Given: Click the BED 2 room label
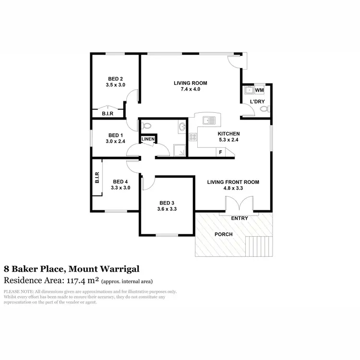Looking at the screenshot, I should click(x=116, y=79).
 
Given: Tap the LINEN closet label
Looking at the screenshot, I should click(x=147, y=139).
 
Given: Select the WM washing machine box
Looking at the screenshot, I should click(x=259, y=90).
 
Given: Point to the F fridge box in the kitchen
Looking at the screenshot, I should click(x=220, y=152).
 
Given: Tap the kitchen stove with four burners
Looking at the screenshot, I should click(x=193, y=137).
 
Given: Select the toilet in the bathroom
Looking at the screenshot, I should click(x=147, y=126).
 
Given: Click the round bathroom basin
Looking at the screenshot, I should click(x=182, y=127).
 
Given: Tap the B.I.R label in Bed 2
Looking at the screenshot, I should click(x=108, y=114).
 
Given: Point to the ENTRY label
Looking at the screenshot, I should click(x=240, y=219).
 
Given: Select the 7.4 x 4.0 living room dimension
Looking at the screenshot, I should click(x=187, y=89).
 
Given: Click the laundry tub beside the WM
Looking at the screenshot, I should click(x=249, y=90).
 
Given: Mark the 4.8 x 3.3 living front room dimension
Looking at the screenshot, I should click(x=233, y=189).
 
